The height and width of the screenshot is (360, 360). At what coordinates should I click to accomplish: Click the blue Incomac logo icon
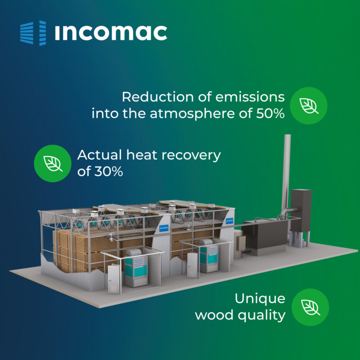pos(33,33)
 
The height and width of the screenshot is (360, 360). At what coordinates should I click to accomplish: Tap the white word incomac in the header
pos(111,33)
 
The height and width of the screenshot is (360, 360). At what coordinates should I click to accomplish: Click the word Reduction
pos(158,97)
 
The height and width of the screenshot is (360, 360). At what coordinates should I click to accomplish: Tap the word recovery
pos(191,156)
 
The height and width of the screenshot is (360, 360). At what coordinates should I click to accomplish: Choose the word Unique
pos(260,299)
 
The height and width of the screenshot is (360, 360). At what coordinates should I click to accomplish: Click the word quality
pos(261,315)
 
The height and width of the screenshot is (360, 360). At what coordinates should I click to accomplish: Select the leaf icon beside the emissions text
pos(309,106)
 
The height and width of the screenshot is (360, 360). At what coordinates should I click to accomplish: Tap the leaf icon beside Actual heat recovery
pos(53,163)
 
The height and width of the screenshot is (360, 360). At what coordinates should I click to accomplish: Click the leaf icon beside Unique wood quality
pos(310,307)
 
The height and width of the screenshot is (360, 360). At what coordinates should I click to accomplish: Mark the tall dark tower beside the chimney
pos(301,210)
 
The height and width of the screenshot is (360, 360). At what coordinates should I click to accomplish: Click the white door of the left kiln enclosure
pos(114,279)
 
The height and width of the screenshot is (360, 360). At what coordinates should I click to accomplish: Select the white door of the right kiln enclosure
pos(192,265)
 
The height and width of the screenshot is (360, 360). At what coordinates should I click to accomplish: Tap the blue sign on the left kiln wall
pos(164,228)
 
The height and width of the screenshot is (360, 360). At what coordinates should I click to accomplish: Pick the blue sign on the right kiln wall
pos(229,221)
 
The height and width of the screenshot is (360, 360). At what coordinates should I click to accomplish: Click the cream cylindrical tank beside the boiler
pos(238,241)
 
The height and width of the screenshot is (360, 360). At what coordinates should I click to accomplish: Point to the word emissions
pos(250,97)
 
